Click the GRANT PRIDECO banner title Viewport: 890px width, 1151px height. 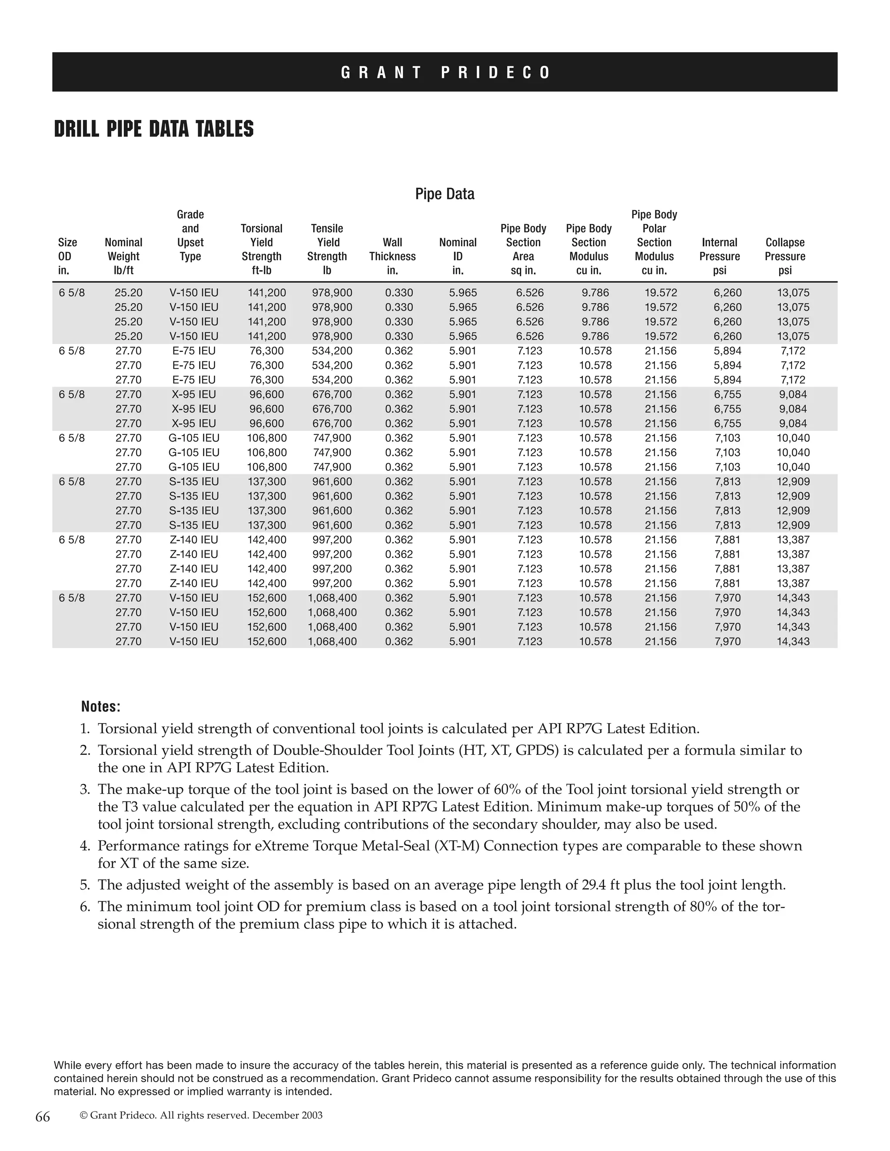click(445, 72)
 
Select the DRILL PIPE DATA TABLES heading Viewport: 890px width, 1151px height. click(153, 129)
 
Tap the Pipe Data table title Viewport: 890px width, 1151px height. click(445, 194)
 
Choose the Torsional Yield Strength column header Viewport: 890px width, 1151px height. click(262, 249)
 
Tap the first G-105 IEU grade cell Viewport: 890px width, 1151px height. click(193, 438)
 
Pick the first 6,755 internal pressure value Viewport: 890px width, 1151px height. click(727, 395)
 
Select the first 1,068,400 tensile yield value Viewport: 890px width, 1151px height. click(332, 598)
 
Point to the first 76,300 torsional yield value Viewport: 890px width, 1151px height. click(267, 351)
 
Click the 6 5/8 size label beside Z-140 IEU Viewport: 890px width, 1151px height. click(72, 539)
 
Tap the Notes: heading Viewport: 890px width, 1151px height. click(101, 707)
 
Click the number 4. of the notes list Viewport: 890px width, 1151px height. click(86, 846)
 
